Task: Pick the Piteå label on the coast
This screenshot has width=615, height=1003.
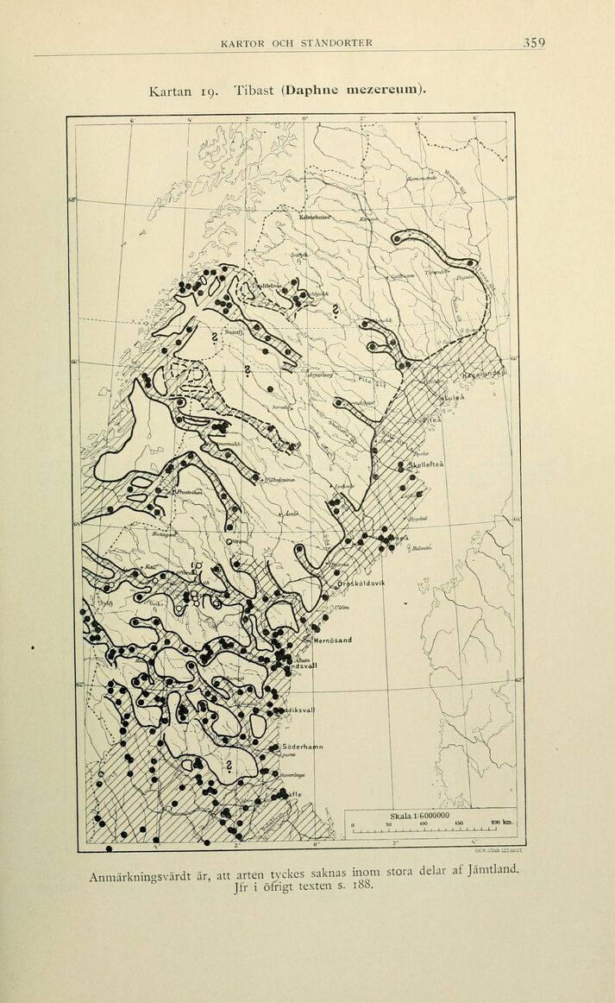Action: [430, 420]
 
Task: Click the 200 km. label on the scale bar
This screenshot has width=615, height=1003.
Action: [501, 823]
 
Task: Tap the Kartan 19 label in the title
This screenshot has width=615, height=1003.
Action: [176, 90]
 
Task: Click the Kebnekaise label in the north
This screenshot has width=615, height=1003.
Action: [314, 218]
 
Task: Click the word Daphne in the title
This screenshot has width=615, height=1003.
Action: [315, 89]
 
